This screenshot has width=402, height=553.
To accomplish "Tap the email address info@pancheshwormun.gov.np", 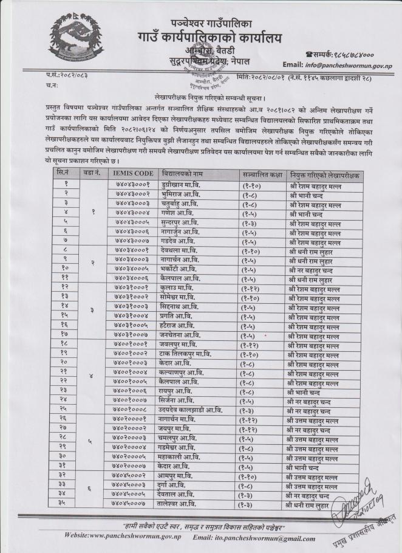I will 348,64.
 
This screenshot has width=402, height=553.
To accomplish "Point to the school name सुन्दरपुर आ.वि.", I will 181,224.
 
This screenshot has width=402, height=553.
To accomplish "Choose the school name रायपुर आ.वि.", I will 177,391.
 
